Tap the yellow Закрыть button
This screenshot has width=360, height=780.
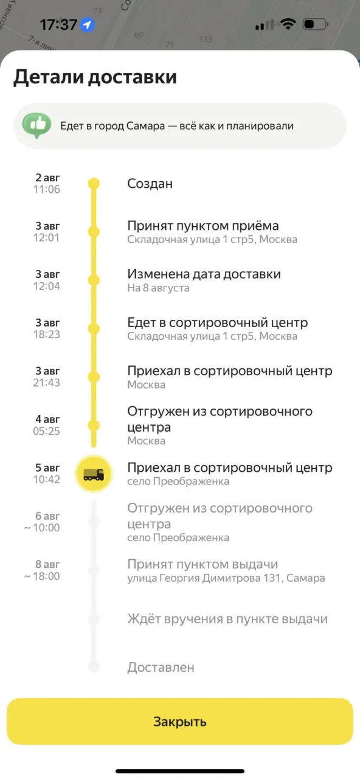pyautogui.click(x=180, y=722)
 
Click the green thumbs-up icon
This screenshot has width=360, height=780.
pyautogui.click(x=37, y=125)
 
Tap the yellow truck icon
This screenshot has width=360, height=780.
pyautogui.click(x=94, y=474)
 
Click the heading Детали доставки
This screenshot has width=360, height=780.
pyautogui.click(x=95, y=77)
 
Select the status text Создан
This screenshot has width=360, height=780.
pyautogui.click(x=150, y=184)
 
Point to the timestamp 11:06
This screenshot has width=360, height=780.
pyautogui.click(x=47, y=190)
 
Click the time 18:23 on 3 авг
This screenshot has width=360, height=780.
pyautogui.click(x=47, y=334)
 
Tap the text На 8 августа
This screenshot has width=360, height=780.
pyautogui.click(x=159, y=288)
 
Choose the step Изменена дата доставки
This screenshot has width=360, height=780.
pyautogui.click(x=204, y=274)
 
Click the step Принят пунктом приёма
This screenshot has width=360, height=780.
pyautogui.click(x=203, y=226)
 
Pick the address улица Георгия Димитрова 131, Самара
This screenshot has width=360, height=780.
pyautogui.click(x=226, y=578)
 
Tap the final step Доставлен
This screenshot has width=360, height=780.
pyautogui.click(x=161, y=667)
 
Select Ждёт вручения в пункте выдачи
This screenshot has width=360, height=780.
pyautogui.click(x=227, y=619)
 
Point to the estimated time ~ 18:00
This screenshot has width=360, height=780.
pyautogui.click(x=42, y=576)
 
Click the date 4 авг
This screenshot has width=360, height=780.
pyautogui.click(x=47, y=419)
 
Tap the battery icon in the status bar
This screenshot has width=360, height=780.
pyautogui.click(x=316, y=24)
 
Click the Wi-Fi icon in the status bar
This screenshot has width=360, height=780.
pyautogui.click(x=288, y=24)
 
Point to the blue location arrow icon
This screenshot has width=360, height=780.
pyautogui.click(x=88, y=25)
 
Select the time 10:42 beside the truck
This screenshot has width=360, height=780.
pyautogui.click(x=47, y=480)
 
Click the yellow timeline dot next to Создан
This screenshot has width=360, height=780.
pyautogui.click(x=94, y=183)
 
